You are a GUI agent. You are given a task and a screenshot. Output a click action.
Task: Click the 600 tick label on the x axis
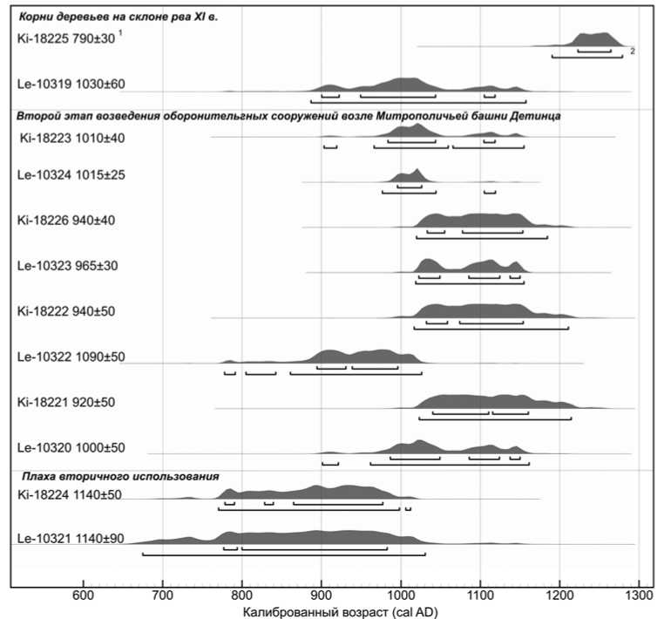coord(84,594)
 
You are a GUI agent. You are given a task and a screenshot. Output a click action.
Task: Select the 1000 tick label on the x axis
coord(401,594)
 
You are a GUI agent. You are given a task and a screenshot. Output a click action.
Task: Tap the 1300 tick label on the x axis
coord(639,594)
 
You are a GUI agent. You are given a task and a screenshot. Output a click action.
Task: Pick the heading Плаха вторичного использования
coord(119,476)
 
